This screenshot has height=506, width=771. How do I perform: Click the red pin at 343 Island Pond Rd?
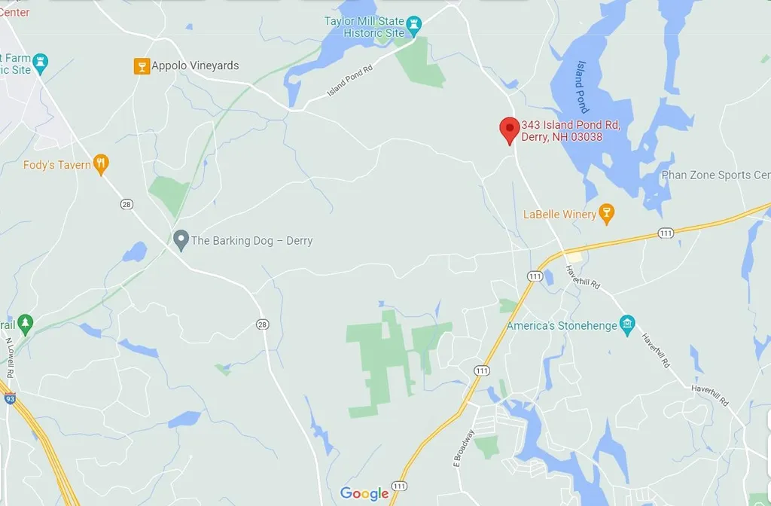point(510,130)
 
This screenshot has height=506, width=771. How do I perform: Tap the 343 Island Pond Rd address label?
point(571,131)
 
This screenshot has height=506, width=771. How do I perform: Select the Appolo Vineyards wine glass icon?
point(141,66)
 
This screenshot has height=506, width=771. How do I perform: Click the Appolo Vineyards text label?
point(195,66)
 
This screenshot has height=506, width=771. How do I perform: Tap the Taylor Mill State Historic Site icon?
point(413,31)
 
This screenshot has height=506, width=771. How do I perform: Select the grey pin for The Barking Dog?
point(181,241)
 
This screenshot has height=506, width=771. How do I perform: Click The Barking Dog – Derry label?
point(251,241)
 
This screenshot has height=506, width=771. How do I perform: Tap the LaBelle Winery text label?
point(559,215)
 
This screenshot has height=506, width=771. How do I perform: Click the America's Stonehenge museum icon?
point(627,325)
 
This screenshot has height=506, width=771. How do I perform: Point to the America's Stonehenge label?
point(561,326)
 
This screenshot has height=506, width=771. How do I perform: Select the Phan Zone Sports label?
point(715,175)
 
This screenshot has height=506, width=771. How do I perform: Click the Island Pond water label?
point(582,87)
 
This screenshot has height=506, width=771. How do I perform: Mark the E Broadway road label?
point(463,448)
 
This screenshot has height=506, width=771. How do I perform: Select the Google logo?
point(364,494)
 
